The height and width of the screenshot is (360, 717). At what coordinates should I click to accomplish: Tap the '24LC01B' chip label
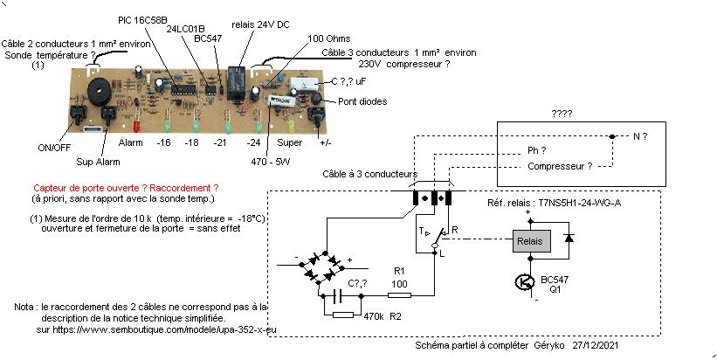pyautogui.click(x=185, y=28)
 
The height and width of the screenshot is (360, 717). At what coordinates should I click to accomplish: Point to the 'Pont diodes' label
pyautogui.click(x=362, y=101)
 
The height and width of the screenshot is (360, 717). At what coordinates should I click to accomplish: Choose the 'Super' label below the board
pyautogui.click(x=289, y=142)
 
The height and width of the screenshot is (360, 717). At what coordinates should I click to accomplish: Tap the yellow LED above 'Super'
pyautogui.click(x=287, y=119)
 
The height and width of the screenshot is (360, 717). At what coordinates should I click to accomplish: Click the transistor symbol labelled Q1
pyautogui.click(x=524, y=282)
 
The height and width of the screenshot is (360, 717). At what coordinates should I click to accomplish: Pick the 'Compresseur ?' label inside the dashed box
pyautogui.click(x=560, y=166)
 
